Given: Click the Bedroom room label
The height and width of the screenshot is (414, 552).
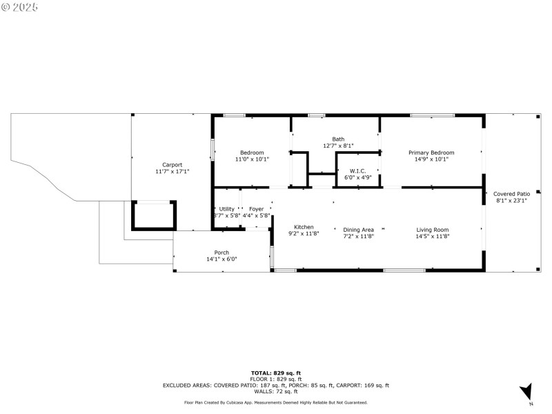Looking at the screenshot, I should coord(252,152).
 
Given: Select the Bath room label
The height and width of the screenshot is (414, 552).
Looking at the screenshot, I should coord(338,139).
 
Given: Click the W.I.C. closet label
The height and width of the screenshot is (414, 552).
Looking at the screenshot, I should coord(357,170).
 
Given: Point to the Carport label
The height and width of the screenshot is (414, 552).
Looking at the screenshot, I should coord(172,164).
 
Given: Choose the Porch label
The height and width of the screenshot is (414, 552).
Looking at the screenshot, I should coord(221,253).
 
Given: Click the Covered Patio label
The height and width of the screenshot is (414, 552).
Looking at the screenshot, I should coord(511,194).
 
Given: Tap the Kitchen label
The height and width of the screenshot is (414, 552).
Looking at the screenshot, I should coord(304,227).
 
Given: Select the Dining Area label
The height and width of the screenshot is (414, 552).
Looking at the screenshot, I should coord(358,230).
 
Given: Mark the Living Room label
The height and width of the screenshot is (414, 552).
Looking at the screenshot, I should coord(432,230).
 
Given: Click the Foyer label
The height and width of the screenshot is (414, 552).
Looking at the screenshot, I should coord(256,209).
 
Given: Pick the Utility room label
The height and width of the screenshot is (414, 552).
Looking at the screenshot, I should coord(227,209).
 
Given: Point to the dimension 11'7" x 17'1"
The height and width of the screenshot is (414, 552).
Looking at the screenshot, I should coord(172,171).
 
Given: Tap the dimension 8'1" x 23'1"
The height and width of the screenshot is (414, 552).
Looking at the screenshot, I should coord(511,201).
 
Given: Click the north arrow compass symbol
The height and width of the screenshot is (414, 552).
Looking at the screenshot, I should coord(526,391).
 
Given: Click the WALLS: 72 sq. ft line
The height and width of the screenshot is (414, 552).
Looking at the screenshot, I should coord(275,391).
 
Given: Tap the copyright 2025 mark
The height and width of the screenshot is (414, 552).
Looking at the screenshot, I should coord(20,6).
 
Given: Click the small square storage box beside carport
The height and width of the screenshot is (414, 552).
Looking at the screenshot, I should coord(154,215).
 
